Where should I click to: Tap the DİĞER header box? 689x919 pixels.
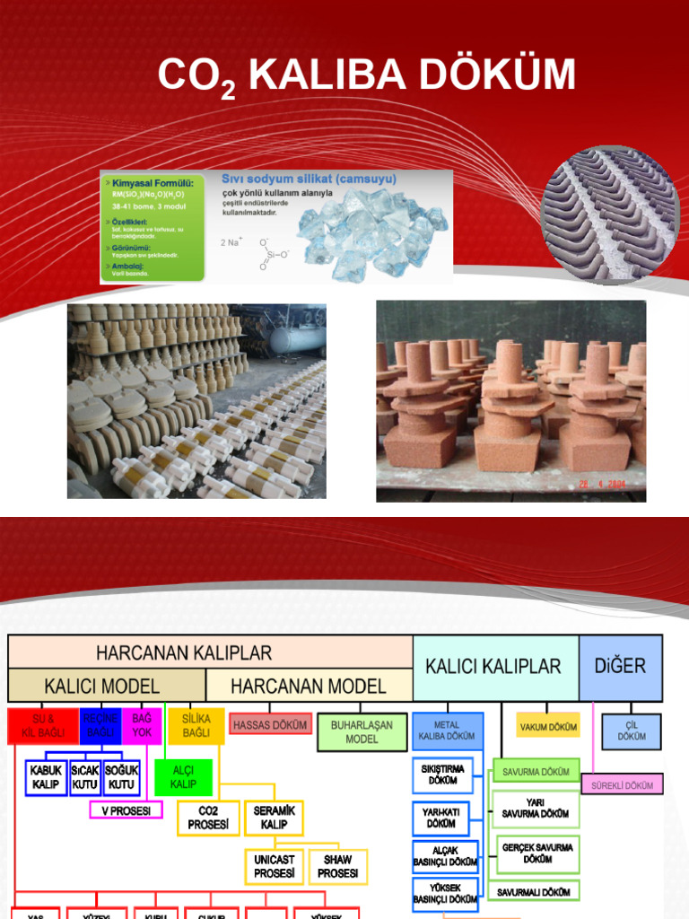[x=620, y=667]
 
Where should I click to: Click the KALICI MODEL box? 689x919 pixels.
[x=107, y=686]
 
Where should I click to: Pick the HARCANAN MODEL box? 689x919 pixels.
[x=309, y=686]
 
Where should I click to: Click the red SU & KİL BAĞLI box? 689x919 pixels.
[x=43, y=726]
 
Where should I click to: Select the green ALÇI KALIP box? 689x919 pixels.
[x=183, y=777]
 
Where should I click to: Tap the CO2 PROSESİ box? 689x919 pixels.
[x=208, y=818]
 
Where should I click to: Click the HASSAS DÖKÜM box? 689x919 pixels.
[x=270, y=724]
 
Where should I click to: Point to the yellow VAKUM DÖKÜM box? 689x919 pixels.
[x=548, y=726]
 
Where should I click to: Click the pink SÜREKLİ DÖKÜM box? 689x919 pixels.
[x=622, y=785]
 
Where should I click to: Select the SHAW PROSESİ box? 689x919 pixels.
[x=337, y=866]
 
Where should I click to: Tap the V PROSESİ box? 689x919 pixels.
[x=126, y=810]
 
